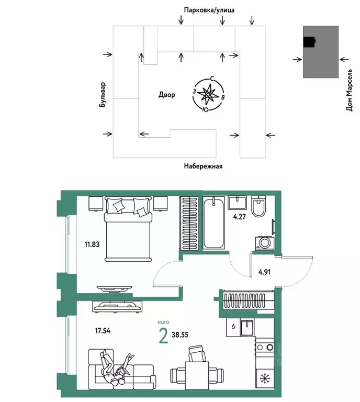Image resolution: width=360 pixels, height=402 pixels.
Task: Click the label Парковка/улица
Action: pyautogui.click(x=208, y=10)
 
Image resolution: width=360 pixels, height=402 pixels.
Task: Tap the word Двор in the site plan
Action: pyautogui.click(x=166, y=95)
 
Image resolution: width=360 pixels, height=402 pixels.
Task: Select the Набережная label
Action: pyautogui.click(x=203, y=166)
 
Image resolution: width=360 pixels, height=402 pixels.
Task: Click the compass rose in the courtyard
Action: pyautogui.click(x=209, y=95)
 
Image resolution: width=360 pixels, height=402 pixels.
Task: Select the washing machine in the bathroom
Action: pyautogui.click(x=264, y=243)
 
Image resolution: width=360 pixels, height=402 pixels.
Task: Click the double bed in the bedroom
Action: pyautogui.click(x=128, y=228)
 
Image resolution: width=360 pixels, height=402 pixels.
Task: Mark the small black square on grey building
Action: pyautogui.click(x=310, y=42)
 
